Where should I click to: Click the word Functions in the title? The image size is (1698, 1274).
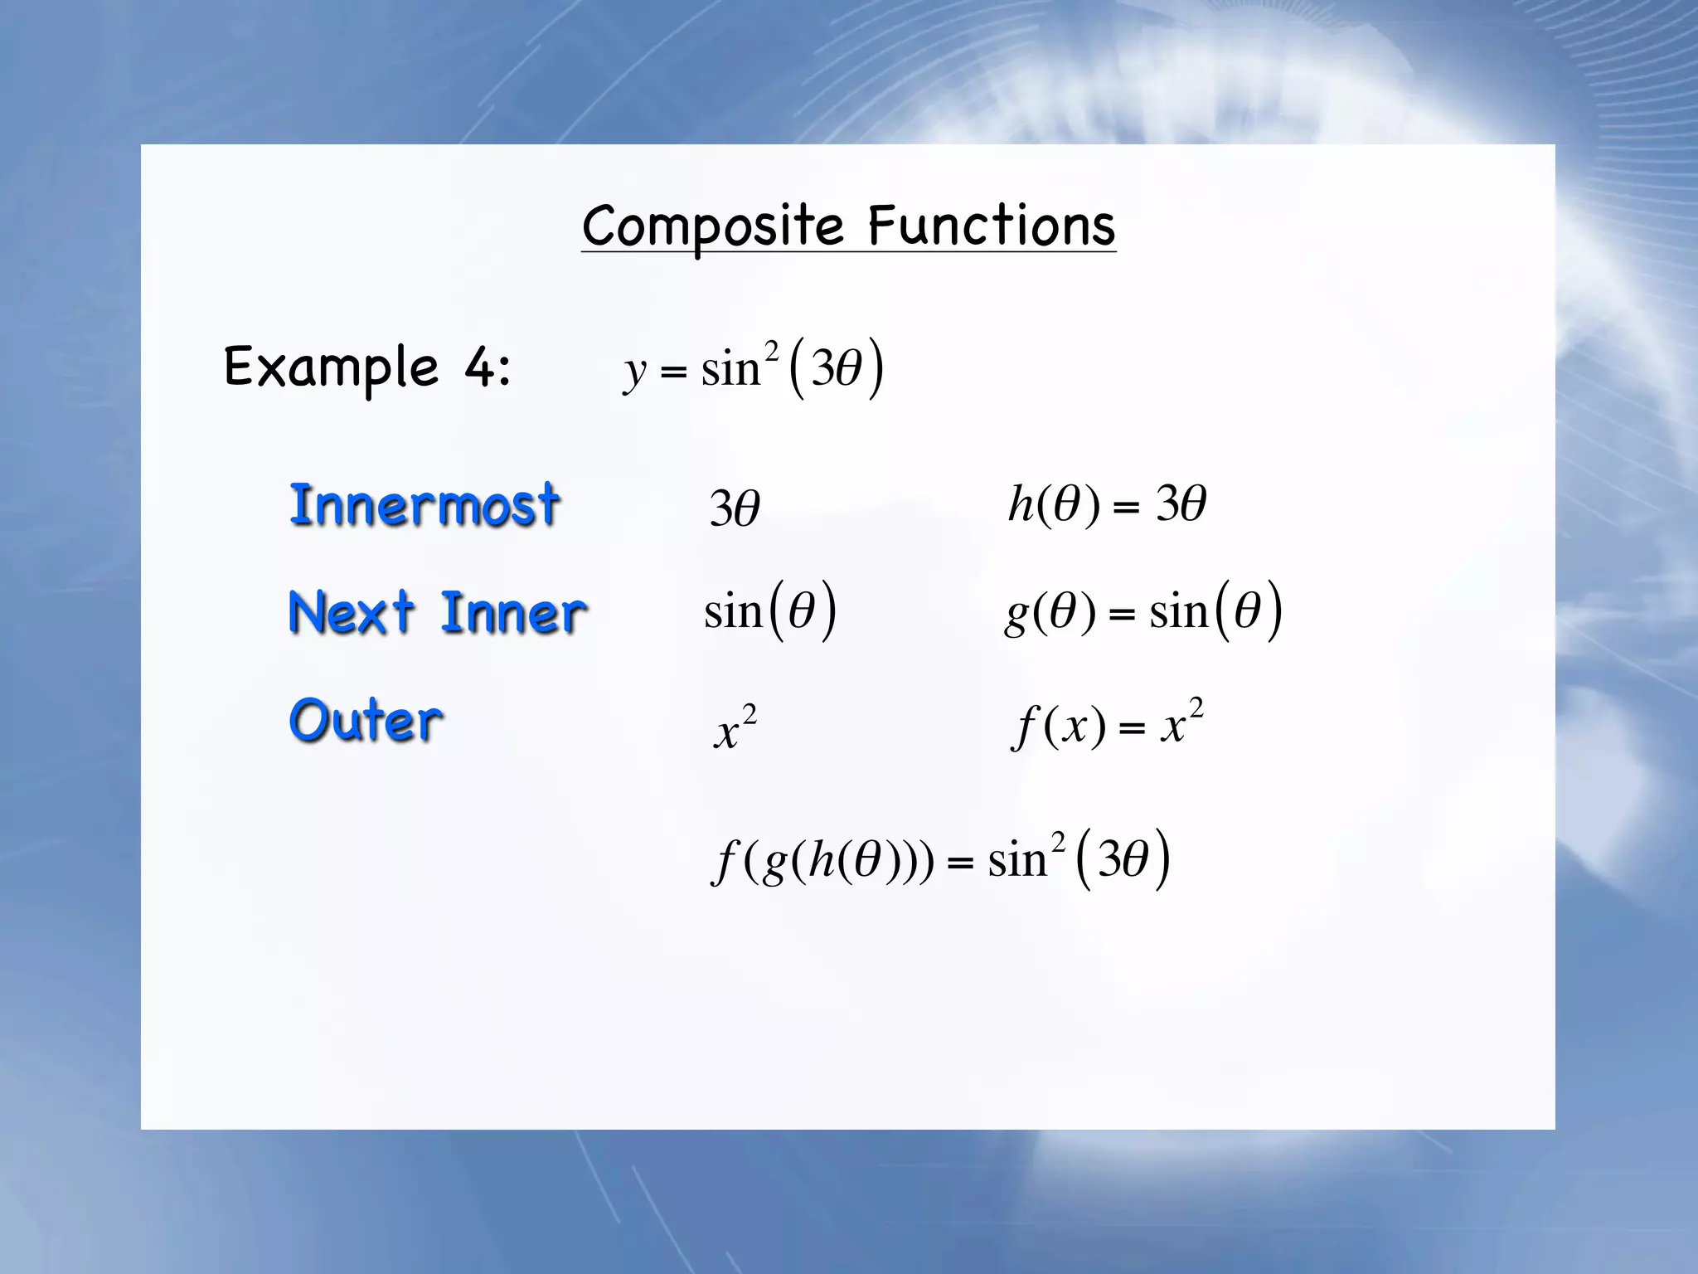(x=992, y=226)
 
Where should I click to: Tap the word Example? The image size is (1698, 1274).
(x=331, y=367)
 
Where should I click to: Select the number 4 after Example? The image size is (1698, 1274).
(x=480, y=367)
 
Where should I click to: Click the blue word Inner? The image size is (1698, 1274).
(x=513, y=614)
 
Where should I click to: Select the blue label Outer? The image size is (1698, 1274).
(x=366, y=720)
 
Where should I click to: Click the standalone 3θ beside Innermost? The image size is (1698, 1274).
(x=735, y=508)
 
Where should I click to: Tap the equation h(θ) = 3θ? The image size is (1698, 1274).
(x=1107, y=504)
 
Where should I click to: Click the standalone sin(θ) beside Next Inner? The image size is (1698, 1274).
(x=769, y=612)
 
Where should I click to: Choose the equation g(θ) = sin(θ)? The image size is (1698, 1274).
(x=1143, y=612)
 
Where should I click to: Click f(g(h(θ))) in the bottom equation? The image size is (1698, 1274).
(x=822, y=861)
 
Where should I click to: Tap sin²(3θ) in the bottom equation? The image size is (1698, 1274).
(x=1079, y=859)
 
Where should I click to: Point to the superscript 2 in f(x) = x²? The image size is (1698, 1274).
(x=1196, y=708)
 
